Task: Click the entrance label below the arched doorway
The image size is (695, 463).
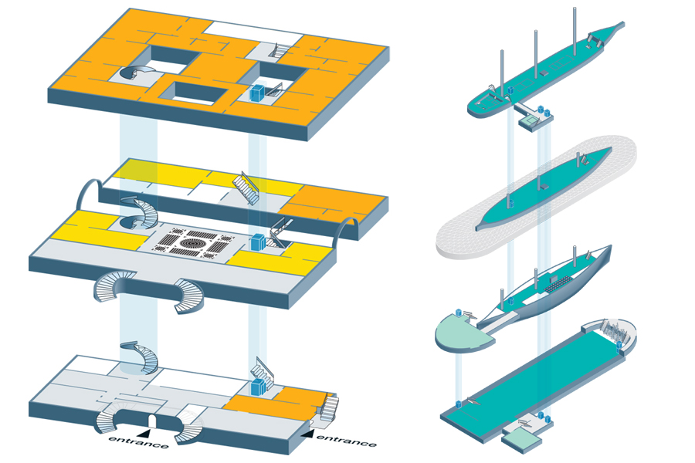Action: click(138, 441)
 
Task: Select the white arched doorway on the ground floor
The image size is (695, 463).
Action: click(151, 421)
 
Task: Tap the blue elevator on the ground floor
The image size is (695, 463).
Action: click(257, 387)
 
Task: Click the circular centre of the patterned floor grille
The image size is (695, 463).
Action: click(195, 243)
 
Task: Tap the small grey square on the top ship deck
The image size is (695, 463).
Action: click(544, 73)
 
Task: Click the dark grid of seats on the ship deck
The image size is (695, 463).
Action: click(559, 285)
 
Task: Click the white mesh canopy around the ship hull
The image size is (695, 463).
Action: click(537, 195)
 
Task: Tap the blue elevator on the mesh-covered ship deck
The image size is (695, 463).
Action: click(511, 204)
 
